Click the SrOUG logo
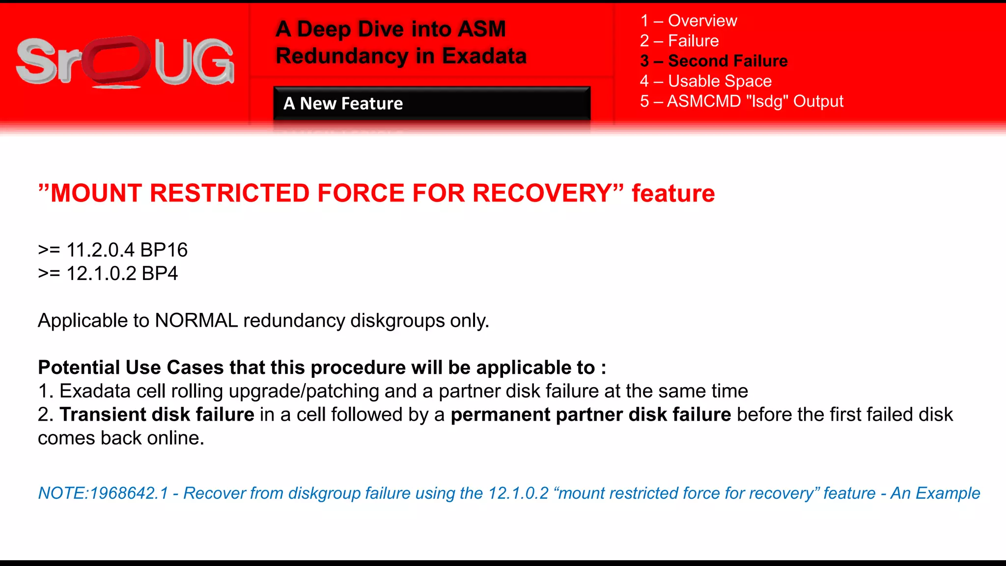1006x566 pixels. coord(125,62)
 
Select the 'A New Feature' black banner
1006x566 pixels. coord(431,103)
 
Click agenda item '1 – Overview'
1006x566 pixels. coord(688,21)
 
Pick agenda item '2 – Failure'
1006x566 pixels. coord(679,41)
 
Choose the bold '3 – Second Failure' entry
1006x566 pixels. coord(714,61)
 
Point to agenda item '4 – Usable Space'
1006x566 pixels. coord(705,81)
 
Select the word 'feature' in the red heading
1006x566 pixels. coord(673,193)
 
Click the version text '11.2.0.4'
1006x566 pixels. coord(100,250)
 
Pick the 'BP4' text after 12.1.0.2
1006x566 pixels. coord(160,274)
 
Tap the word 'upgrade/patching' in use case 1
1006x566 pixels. coord(304,391)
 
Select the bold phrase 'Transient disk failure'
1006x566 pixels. coord(157,415)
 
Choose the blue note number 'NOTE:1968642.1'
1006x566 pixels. coord(103,493)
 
